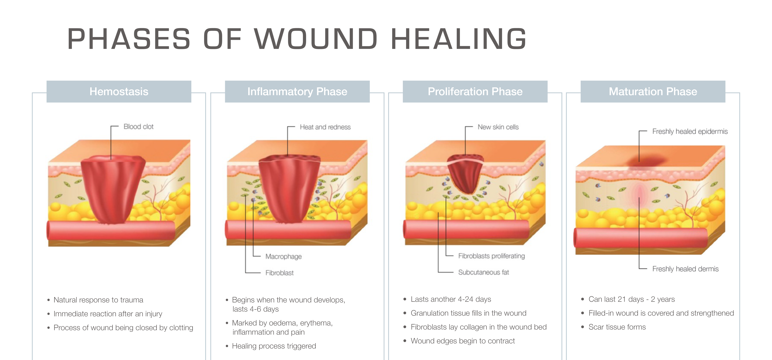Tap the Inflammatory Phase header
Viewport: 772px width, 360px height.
[297, 91]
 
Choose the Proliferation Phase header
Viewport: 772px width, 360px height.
[475, 91]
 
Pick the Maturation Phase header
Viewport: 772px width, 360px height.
[653, 91]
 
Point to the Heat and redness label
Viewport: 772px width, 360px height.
[325, 127]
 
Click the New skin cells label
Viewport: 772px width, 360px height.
[498, 127]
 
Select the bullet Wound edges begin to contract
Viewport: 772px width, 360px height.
[463, 341]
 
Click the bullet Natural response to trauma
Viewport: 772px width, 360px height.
[98, 300]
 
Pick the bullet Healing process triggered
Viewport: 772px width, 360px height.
[274, 346]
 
